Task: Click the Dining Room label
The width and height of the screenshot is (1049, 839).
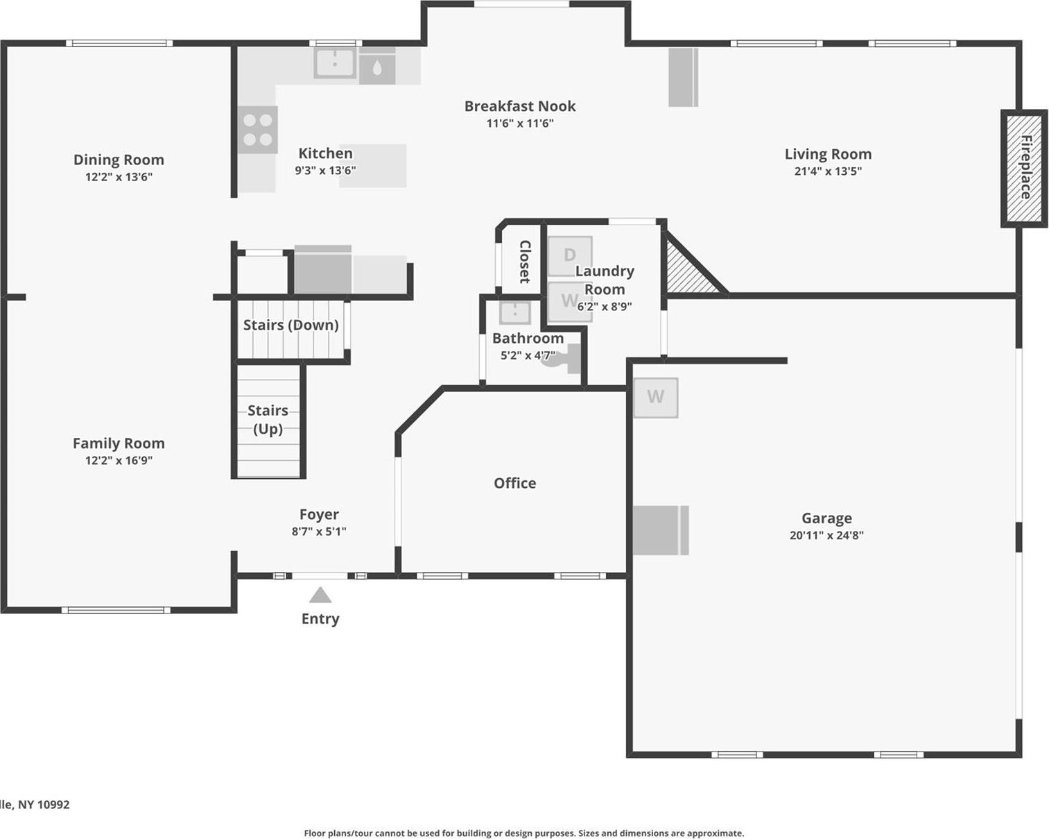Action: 119,160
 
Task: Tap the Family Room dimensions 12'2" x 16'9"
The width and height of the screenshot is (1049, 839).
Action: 119,460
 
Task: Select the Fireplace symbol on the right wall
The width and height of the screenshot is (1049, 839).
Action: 1024,168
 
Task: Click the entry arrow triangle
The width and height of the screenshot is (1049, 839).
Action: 320,596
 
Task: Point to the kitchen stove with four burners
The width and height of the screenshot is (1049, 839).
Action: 257,130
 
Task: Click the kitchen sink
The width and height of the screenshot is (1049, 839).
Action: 335,64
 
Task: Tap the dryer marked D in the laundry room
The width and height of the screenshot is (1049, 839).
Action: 570,255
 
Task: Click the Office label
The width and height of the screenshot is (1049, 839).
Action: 514,483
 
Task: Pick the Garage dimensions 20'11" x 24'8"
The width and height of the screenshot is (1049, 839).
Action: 826,535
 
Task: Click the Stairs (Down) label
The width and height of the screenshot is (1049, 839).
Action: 291,325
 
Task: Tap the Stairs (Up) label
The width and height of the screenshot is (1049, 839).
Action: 268,419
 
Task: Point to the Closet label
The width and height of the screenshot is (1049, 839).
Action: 525,262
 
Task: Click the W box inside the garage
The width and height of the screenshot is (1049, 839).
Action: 655,398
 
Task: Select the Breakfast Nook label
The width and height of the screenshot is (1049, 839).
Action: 520,106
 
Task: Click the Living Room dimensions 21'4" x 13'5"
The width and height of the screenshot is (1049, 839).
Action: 828,171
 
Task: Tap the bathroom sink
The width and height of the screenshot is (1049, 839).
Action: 514,312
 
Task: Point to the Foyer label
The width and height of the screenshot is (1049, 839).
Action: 319,514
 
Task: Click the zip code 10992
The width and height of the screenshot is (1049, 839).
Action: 53,805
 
